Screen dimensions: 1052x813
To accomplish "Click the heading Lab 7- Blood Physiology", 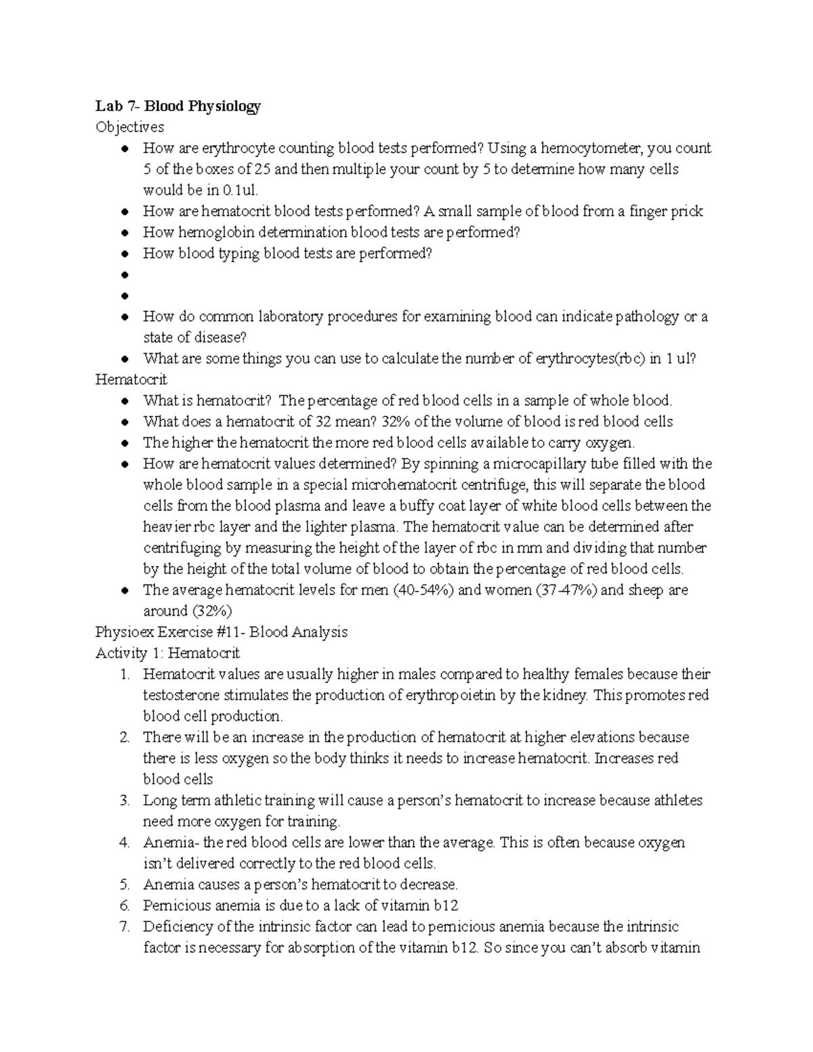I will (x=178, y=106).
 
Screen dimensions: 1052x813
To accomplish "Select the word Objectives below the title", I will (x=129, y=127).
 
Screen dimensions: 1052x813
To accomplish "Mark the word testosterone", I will (x=184, y=695).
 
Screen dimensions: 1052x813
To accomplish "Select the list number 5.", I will (x=124, y=885).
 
